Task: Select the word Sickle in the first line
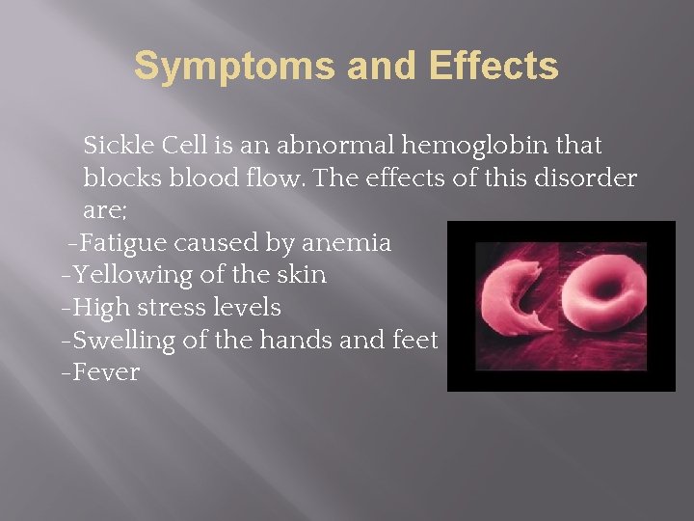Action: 117,146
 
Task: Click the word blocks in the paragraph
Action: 117,178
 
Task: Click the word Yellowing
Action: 132,275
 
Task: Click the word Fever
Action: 106,372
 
